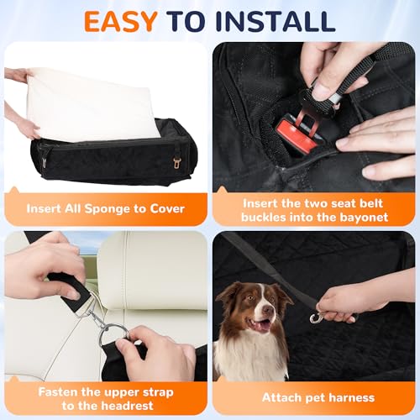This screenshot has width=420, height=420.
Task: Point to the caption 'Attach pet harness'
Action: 313,396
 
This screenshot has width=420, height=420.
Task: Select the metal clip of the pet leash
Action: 317,317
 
